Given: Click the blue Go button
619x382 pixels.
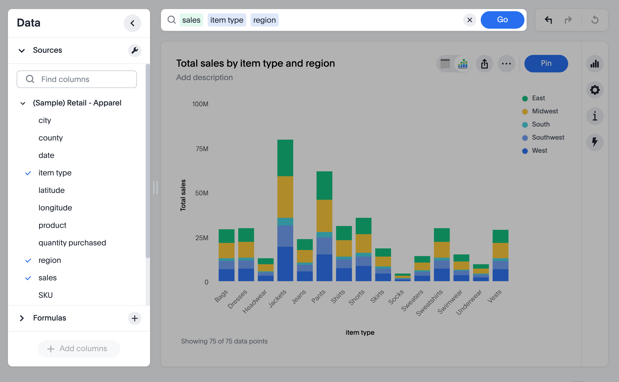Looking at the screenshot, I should click(502, 20).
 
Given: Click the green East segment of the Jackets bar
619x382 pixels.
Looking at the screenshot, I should click(285, 158).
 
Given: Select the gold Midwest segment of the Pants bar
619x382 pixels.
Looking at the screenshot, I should click(324, 216).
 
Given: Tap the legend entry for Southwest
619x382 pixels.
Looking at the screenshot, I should click(548, 137).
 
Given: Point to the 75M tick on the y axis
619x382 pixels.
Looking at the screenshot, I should click(202, 149).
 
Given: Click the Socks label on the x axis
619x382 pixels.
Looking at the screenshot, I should click(396, 297).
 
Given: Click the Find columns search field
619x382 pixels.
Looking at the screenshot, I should click(77, 79).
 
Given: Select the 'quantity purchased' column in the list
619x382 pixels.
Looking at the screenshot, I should click(72, 243).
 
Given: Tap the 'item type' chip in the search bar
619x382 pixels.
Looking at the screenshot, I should click(227, 20).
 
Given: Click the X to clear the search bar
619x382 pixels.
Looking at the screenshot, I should click(470, 20).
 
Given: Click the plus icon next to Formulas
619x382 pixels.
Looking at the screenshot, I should click(134, 318).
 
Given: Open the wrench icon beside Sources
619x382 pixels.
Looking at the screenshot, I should click(134, 50).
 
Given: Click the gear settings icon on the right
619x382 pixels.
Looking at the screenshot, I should click(595, 90).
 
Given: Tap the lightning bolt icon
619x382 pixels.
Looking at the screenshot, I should click(595, 142).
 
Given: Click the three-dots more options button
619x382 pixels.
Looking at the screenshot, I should click(506, 64).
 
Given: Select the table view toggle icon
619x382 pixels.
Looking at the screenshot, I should click(445, 64).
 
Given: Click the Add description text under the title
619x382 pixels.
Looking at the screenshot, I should click(204, 78).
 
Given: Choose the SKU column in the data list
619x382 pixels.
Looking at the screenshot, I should click(45, 295).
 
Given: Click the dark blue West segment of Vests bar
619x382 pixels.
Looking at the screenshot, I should click(500, 275).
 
